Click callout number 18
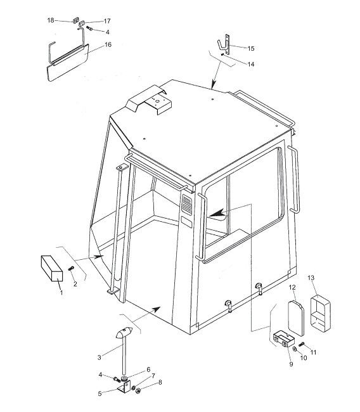(51, 20)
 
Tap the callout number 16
(108, 44)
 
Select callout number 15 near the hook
(251, 49)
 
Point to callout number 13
(311, 278)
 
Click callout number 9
(291, 364)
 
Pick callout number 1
(61, 292)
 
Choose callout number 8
(160, 382)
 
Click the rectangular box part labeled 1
(52, 268)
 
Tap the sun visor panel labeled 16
(68, 63)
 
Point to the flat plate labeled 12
(296, 318)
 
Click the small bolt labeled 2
(71, 269)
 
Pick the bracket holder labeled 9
(284, 338)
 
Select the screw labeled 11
(302, 344)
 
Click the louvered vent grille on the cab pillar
(186, 205)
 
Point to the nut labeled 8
(137, 390)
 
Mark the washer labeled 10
(295, 349)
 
